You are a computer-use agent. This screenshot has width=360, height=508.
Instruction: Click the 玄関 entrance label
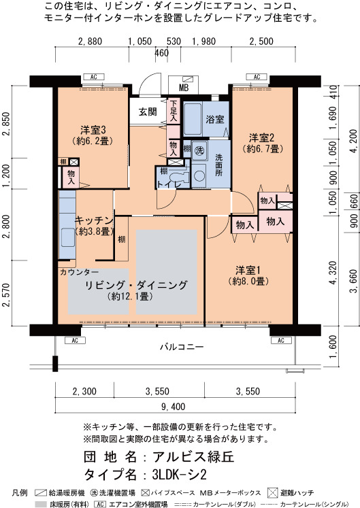[x=148, y=112]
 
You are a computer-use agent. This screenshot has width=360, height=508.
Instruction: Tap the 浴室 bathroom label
[x=215, y=119]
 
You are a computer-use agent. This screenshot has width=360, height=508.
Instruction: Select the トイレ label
[x=169, y=184]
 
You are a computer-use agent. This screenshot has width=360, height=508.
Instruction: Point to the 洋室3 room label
[x=93, y=131]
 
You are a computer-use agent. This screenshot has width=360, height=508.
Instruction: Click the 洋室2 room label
[x=261, y=138]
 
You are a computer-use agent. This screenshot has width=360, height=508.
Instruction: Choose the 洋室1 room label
[x=248, y=270]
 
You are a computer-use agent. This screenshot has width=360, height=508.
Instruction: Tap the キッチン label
[x=94, y=220]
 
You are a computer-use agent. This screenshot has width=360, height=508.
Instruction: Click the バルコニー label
[x=182, y=347]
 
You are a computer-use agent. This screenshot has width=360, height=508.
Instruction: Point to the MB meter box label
[x=184, y=88]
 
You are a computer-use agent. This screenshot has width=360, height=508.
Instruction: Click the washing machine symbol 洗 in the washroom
[x=199, y=150]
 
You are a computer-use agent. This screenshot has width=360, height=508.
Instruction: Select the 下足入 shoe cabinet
[x=174, y=111]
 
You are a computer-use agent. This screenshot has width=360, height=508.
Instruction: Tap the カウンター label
[x=79, y=272]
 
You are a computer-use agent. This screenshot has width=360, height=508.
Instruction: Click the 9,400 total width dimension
[x=173, y=407]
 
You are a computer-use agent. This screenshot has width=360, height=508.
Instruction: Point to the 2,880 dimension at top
[x=90, y=41]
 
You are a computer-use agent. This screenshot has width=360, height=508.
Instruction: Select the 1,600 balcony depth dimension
[x=333, y=347]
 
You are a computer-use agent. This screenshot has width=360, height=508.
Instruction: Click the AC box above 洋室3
[x=94, y=77]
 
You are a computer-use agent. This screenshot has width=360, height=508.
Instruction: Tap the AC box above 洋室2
[x=257, y=77]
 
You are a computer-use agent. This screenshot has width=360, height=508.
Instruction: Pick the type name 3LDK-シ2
[x=180, y=475]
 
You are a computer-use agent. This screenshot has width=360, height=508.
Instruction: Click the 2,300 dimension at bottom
[x=84, y=391]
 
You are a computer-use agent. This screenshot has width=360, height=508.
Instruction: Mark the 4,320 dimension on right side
[x=333, y=273]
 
